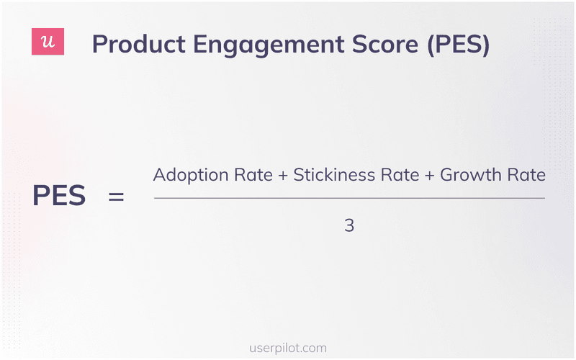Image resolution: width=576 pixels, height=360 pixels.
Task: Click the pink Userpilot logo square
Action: pyautogui.click(x=48, y=42)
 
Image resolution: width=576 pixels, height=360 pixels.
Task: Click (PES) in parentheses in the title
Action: pyautogui.click(x=459, y=45)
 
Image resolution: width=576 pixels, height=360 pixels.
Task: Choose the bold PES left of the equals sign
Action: pyautogui.click(x=59, y=196)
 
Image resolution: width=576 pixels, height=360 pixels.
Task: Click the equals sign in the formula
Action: pyautogui.click(x=116, y=196)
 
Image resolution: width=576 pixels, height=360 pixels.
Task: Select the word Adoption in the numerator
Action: pyautogui.click(x=187, y=176)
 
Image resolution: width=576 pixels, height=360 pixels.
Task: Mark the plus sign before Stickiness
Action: pyautogui.click(x=282, y=176)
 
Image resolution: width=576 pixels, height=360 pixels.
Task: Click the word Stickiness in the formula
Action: pyautogui.click(x=334, y=175)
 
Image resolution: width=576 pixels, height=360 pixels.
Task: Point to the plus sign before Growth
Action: pyautogui.click(x=430, y=176)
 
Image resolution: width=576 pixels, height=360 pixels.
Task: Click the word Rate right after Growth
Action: pyautogui.click(x=527, y=175)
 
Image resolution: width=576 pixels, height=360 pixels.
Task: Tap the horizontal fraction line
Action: pyautogui.click(x=349, y=198)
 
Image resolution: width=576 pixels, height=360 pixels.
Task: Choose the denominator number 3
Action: pyautogui.click(x=349, y=225)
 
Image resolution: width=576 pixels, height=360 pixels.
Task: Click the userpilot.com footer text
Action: pyautogui.click(x=287, y=348)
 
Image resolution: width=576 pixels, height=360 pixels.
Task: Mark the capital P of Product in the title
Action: pyautogui.click(x=99, y=45)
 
